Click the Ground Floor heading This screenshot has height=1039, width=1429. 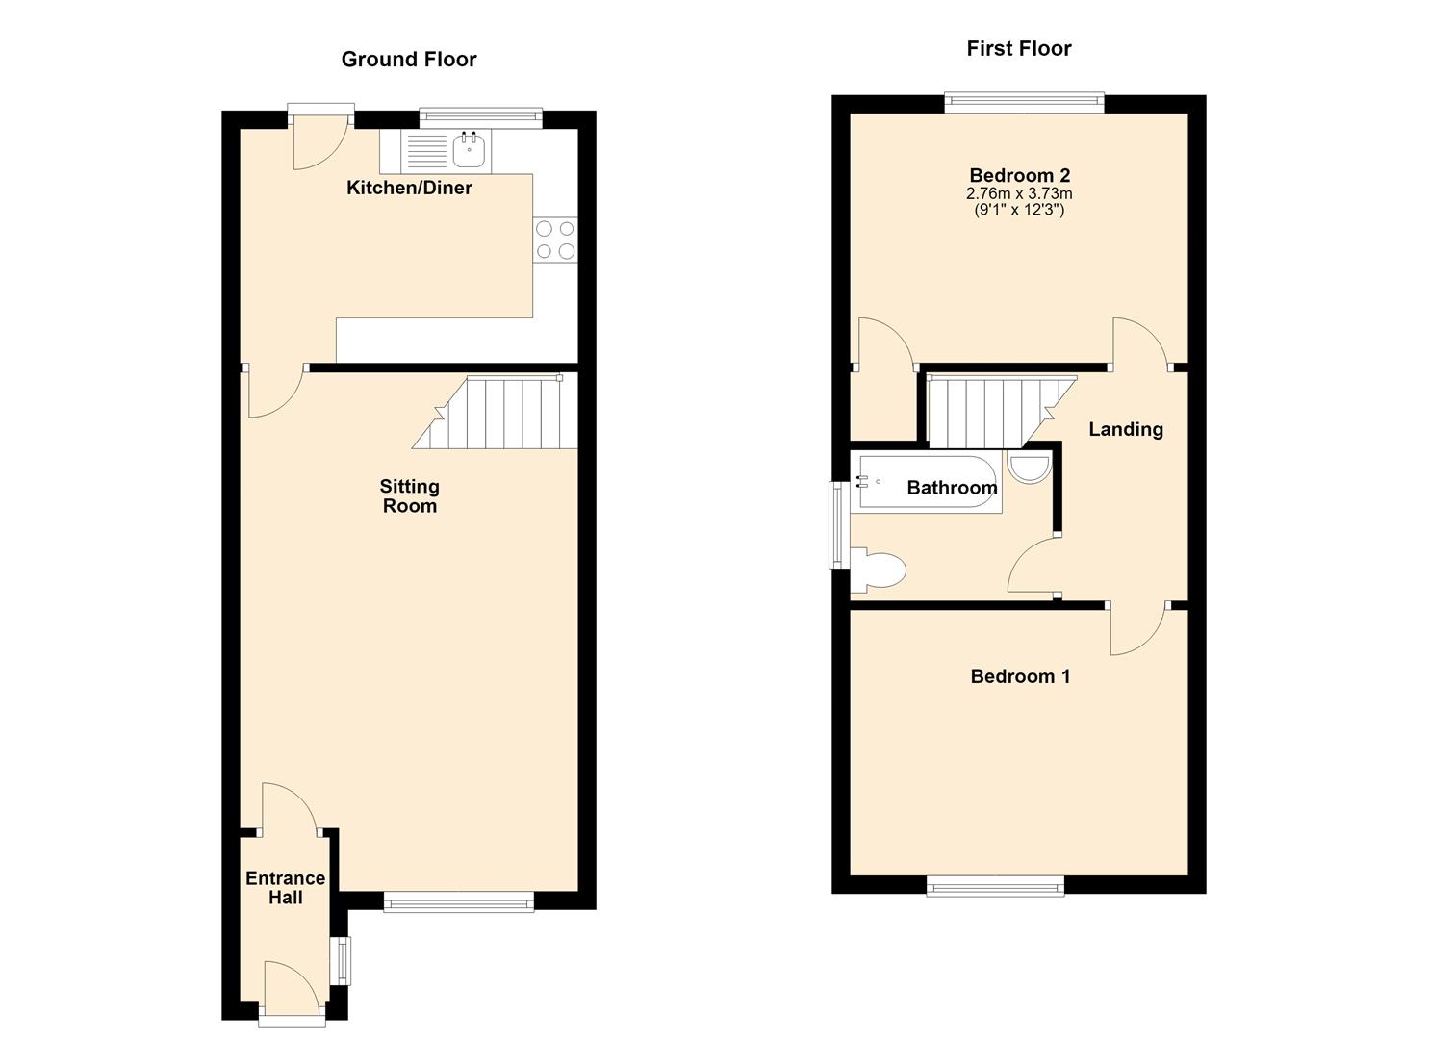coord(409,60)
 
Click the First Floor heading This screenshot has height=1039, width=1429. coord(1019,48)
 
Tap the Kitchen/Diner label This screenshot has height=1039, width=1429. coord(409,188)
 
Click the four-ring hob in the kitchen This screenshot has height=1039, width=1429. coord(555,240)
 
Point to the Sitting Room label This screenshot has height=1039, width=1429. coord(410,496)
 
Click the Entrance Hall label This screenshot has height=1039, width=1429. coord(285,888)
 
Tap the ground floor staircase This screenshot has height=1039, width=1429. coord(496,412)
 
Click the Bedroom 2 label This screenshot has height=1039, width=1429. coord(1019,175)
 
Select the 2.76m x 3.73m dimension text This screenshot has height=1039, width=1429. coord(1019,194)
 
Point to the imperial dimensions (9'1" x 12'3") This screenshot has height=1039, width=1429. coord(1019,210)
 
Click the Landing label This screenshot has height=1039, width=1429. coord(1125,429)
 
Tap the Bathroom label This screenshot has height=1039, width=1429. coord(952,488)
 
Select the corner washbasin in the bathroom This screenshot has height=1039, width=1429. coord(1029,467)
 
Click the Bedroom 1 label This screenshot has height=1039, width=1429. coord(1019,676)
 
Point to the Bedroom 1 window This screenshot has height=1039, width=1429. coord(995,886)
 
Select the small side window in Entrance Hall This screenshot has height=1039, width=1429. coord(344,960)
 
